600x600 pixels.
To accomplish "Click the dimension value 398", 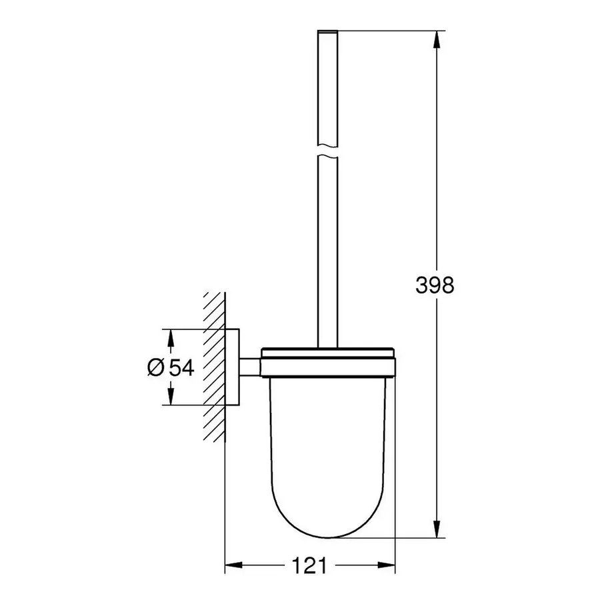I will pos(435,285).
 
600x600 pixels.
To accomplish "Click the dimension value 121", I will pos(310,566).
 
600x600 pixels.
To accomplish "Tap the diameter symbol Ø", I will pos(155,367).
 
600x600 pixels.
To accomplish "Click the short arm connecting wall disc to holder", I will pos(250,367).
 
